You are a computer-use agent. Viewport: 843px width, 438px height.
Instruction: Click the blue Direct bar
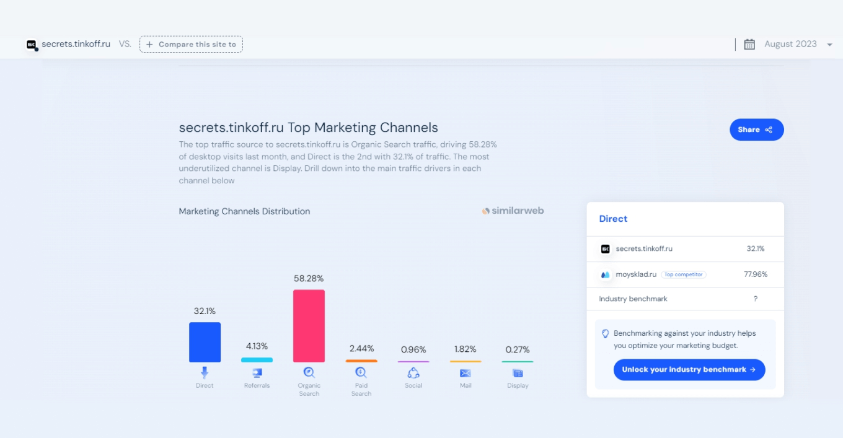pyautogui.click(x=205, y=342)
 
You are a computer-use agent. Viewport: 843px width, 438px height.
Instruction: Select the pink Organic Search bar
pyautogui.click(x=309, y=326)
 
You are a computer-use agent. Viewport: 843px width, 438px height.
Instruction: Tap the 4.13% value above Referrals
pyautogui.click(x=257, y=346)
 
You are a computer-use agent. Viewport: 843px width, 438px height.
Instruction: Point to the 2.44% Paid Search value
pyautogui.click(x=361, y=349)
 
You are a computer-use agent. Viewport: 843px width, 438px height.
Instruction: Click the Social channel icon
pyautogui.click(x=413, y=373)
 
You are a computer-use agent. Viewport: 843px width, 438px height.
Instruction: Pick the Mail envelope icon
pyautogui.click(x=466, y=373)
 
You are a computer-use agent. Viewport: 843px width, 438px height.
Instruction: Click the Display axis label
pyautogui.click(x=518, y=385)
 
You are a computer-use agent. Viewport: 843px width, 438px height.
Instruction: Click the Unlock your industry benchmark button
pyautogui.click(x=689, y=370)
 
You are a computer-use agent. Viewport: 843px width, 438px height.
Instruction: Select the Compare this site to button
pyautogui.click(x=191, y=45)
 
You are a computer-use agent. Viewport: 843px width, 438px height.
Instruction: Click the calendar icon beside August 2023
pyautogui.click(x=749, y=44)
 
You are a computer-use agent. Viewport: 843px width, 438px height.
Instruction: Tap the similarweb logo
pyautogui.click(x=513, y=211)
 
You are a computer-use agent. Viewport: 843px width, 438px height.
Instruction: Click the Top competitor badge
pyautogui.click(x=684, y=274)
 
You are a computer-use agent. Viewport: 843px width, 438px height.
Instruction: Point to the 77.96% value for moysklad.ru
pyautogui.click(x=756, y=274)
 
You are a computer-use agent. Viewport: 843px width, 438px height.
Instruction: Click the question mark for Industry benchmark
pyautogui.click(x=756, y=299)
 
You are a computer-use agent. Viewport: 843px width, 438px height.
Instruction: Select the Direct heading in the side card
pyautogui.click(x=613, y=219)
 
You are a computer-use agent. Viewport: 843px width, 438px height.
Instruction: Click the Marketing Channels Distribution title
pyautogui.click(x=244, y=211)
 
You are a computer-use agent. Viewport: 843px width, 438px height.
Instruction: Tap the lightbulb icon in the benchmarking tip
pyautogui.click(x=606, y=333)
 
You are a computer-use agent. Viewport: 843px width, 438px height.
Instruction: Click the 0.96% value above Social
pyautogui.click(x=413, y=349)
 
